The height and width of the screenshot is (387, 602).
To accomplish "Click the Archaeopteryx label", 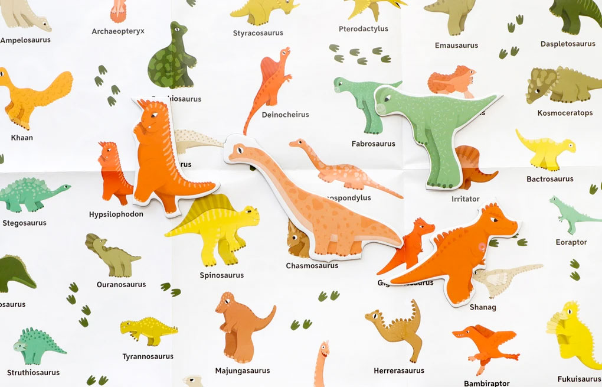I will [118, 31].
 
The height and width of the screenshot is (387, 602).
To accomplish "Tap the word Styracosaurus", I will [258, 33].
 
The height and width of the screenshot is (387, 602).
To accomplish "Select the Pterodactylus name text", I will [364, 29].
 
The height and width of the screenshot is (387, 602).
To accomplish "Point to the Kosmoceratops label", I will [565, 113].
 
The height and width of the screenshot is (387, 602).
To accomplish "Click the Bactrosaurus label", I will [550, 179].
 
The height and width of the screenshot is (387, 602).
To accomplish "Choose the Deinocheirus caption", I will [285, 115].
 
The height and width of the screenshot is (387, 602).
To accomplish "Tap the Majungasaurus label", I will [243, 371].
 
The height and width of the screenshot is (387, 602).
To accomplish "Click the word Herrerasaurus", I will [399, 371].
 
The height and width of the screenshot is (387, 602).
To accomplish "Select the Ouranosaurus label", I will [121, 285].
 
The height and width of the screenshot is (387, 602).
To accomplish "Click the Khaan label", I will [22, 138].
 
